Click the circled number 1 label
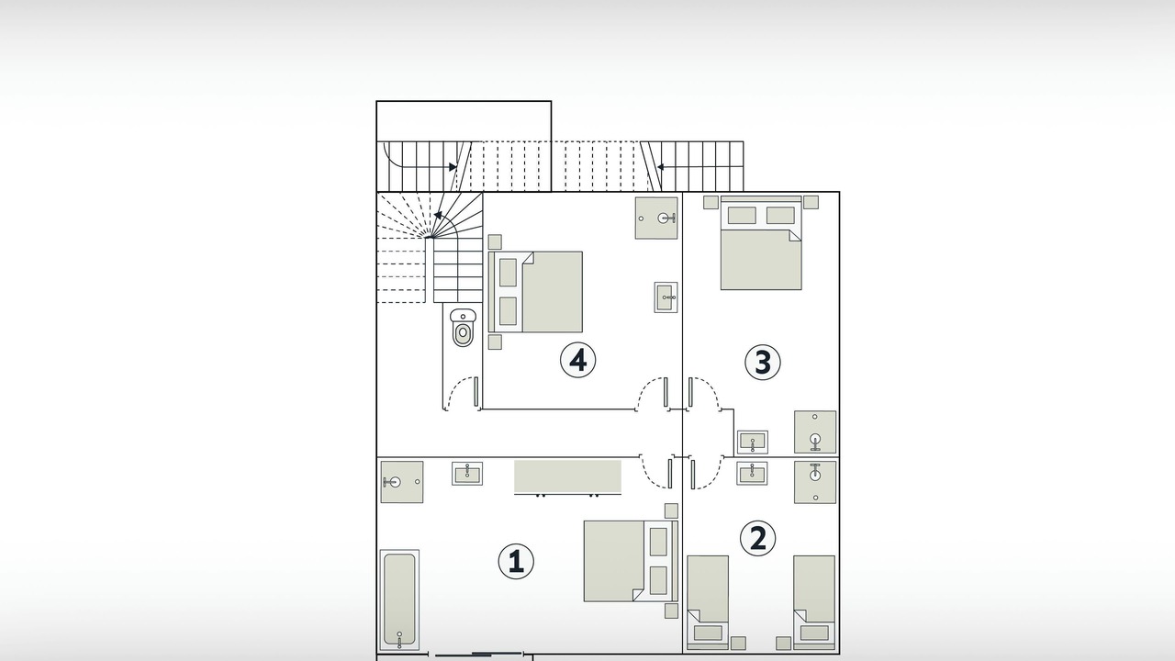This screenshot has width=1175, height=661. (516, 561)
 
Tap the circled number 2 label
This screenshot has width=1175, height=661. (758, 538)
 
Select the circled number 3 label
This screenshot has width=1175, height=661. (763, 363)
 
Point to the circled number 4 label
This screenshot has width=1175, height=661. (578, 361)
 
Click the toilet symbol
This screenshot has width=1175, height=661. (463, 328)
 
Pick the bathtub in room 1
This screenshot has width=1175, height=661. (399, 599)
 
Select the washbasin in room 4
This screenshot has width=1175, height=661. (666, 297)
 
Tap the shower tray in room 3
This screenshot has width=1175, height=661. (814, 431)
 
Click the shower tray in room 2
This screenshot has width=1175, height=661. (814, 482)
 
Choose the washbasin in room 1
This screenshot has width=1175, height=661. (467, 474)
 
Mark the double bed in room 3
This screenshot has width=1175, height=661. (761, 243)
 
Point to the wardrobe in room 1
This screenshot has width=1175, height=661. (567, 477)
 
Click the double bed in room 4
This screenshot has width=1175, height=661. (535, 292)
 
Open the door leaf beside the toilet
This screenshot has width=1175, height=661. (476, 391)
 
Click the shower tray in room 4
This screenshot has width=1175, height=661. (656, 218)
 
